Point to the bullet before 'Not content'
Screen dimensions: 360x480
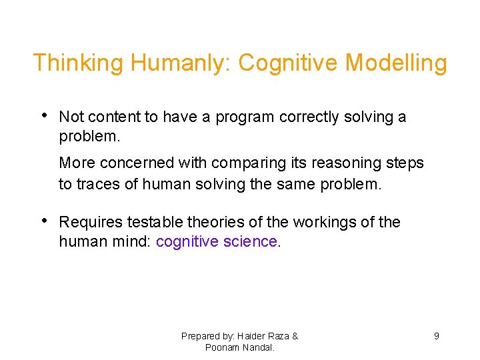43,115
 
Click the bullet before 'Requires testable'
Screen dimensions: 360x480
43,221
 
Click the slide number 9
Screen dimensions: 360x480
437,336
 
